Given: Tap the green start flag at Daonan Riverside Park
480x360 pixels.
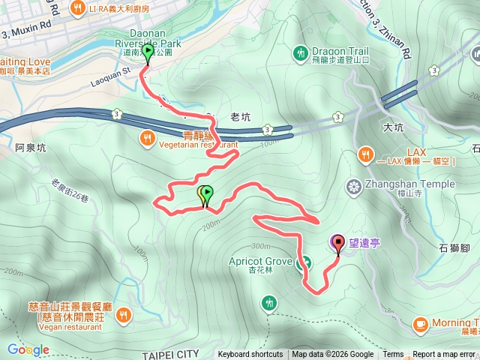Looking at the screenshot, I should pyautogui.click(x=148, y=52).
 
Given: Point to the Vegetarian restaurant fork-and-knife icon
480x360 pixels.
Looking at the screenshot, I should pyautogui.click(x=147, y=137).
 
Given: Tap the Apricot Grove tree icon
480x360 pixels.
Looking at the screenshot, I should pyautogui.click(x=304, y=263).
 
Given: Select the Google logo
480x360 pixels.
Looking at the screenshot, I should pyautogui.click(x=28, y=349).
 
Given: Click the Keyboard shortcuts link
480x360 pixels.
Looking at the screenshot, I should pyautogui.click(x=250, y=355).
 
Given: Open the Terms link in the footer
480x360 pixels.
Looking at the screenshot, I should pyautogui.click(x=393, y=355).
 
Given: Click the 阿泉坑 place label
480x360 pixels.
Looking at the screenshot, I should pyautogui.click(x=30, y=148).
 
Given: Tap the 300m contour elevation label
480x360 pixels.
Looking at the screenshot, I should pyautogui.click(x=260, y=246).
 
